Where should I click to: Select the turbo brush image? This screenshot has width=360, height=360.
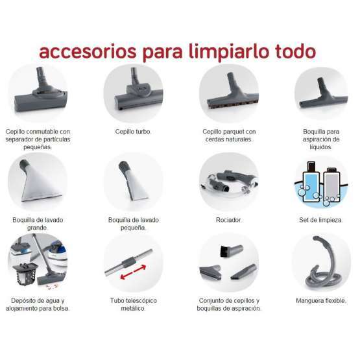coord(133,94)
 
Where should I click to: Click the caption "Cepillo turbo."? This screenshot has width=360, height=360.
coord(132,130)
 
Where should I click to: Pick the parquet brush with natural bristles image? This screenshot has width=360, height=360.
coord(228,94)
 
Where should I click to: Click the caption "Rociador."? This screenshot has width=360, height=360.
coord(228,220)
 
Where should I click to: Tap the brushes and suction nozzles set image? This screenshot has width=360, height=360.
coord(228,266)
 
